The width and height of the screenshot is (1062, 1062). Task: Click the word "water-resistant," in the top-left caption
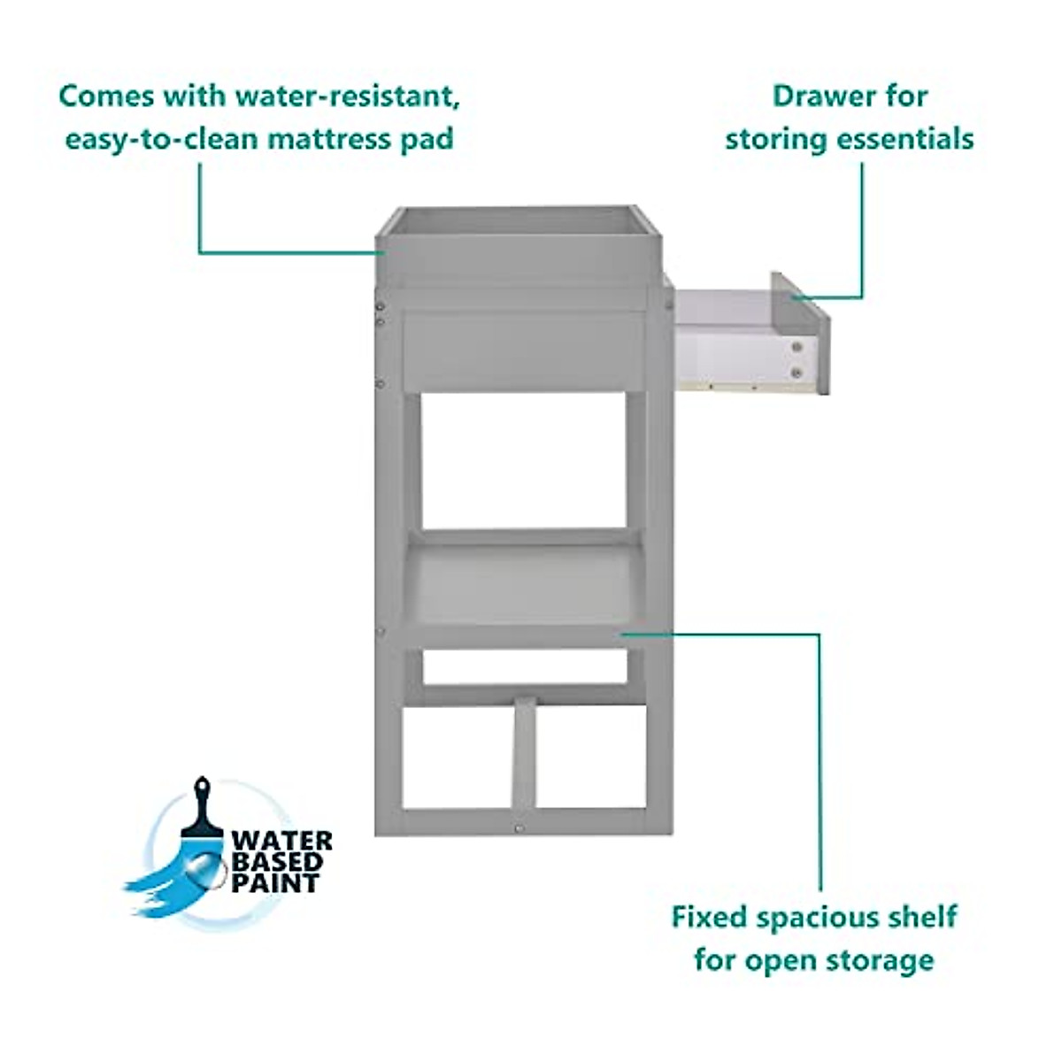tap(347, 96)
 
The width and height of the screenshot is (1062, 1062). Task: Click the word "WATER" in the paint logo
tap(281, 840)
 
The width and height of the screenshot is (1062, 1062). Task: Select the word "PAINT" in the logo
tap(274, 882)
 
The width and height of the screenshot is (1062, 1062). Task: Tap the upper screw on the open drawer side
tap(798, 348)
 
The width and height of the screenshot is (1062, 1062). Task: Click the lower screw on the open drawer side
tap(798, 373)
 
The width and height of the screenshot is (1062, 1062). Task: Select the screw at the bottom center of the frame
tap(519, 828)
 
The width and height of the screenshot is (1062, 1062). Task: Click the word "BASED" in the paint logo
tap(276, 861)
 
